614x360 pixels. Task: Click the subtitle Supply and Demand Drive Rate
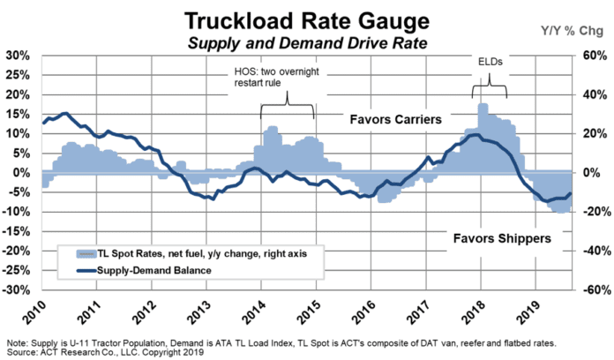click(305, 42)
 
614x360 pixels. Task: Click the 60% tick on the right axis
click(592, 55)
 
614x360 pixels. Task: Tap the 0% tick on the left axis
click(22, 172)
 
